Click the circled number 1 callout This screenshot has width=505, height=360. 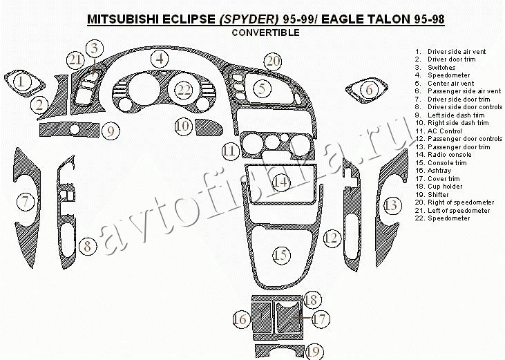pos(21,82)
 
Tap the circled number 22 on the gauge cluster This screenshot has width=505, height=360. pos(184,90)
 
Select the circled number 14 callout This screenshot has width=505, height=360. pos(280,182)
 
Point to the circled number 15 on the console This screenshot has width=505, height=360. pos(281,255)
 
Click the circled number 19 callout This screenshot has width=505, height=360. pos(314,352)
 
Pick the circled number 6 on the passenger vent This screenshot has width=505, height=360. pos(369,90)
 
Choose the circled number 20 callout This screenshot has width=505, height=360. pos(272,61)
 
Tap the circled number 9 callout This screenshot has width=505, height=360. pos(111,131)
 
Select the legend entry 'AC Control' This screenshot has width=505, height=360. pos(438,131)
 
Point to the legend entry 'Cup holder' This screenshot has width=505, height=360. pos(438,187)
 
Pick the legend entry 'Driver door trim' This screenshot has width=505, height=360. pos(445,59)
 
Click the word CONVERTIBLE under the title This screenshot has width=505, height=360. pos(266,32)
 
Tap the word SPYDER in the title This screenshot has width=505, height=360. pos(249,19)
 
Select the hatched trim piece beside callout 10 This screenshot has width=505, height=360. pos(209,128)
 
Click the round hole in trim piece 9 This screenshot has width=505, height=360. pos(75,129)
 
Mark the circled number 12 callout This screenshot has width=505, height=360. pos(332,238)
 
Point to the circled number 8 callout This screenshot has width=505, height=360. pos(88,246)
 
